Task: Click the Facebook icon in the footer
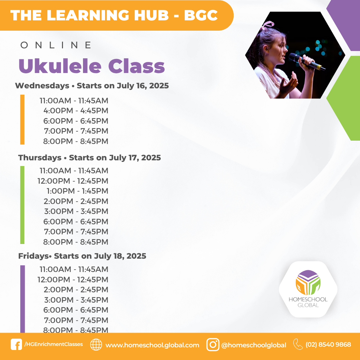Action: click(16, 344)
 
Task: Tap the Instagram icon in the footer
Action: click(213, 344)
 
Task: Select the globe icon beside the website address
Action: click(96, 344)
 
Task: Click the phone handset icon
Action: click(298, 344)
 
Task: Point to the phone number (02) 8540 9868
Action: click(328, 345)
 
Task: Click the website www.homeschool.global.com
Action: click(152, 345)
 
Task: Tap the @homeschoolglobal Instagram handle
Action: click(254, 345)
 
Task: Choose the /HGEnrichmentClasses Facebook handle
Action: click(53, 344)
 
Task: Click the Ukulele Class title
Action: click(92, 66)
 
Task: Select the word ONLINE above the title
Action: click(56, 45)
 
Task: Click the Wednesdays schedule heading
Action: click(92, 86)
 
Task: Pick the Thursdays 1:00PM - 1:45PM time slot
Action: click(77, 191)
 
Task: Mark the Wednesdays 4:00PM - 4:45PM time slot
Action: click(76, 111)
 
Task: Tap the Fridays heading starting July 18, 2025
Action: click(82, 256)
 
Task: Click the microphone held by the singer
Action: click(307, 61)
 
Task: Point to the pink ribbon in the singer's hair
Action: click(267, 25)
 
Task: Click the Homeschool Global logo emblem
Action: click(308, 282)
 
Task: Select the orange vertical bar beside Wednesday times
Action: click(22, 120)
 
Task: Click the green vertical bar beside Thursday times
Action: click(22, 205)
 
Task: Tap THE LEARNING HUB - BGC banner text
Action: click(114, 15)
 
